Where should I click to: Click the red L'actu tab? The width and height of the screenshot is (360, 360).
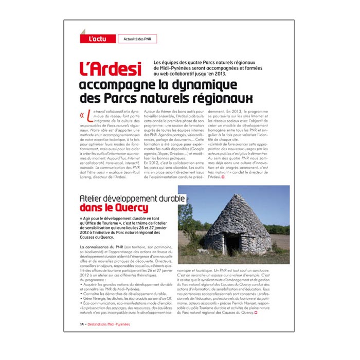click(x=97, y=39)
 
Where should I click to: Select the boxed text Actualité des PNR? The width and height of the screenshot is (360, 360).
click(x=137, y=39)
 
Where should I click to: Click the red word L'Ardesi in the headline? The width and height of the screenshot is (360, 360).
click(x=110, y=69)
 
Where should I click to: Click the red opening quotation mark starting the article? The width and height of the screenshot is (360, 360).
click(x=82, y=115)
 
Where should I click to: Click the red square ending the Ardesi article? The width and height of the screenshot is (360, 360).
click(x=223, y=177)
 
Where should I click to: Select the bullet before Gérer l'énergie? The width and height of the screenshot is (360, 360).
click(x=81, y=298)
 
